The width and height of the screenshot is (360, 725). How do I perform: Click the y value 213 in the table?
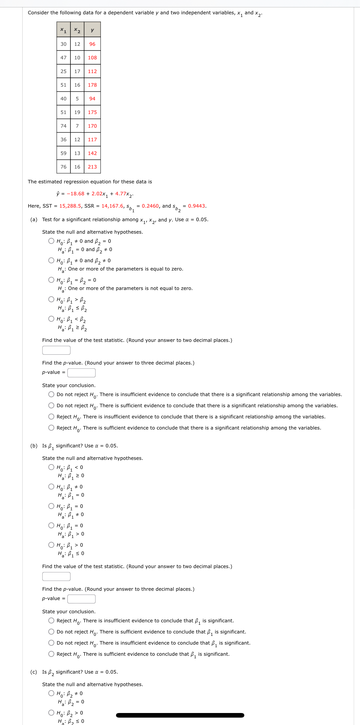coord(92,167)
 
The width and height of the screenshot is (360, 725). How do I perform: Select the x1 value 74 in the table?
coord(63,126)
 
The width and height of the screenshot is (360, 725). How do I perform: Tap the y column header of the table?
coord(92,30)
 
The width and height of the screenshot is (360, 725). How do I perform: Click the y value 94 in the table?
coord(92,98)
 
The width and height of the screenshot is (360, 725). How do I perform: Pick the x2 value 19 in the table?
coord(77,112)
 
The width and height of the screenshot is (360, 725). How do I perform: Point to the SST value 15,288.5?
coord(70,206)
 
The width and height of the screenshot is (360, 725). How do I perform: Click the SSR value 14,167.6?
coord(112,206)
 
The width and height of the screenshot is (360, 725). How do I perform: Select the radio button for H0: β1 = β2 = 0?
coord(51,280)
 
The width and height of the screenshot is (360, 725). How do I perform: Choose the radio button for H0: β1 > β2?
coord(51,299)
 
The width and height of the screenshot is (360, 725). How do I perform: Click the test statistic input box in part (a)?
coord(56,350)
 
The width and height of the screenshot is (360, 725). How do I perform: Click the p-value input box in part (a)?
coord(81,372)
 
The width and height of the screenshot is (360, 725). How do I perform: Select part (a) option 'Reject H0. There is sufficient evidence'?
coord(51,428)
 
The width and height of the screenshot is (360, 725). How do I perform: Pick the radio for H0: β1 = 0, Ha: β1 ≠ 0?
coord(51,506)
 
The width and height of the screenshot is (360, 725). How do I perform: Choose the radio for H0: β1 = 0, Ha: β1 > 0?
coord(51,525)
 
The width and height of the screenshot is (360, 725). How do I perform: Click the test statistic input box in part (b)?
coord(56,576)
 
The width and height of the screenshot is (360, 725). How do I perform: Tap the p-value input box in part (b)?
coord(81,599)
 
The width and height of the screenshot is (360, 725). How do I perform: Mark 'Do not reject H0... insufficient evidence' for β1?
coord(51,643)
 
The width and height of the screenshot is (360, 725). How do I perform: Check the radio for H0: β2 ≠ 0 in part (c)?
coord(51,693)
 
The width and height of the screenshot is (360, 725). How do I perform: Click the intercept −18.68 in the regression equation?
coord(75,193)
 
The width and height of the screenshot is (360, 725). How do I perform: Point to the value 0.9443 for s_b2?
coord(197,206)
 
